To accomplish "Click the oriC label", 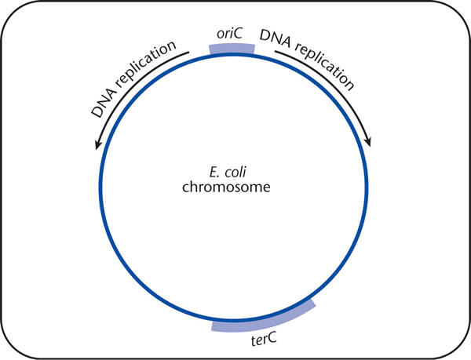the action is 229,35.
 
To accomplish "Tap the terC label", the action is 264,340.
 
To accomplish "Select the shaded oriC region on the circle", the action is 232,49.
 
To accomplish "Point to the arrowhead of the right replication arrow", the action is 368,142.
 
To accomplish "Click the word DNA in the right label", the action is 276,38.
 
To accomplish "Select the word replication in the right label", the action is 324,65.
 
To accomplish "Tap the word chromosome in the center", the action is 226,187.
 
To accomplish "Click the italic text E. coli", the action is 228,173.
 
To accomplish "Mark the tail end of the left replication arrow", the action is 188,53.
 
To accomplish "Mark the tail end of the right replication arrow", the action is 276,51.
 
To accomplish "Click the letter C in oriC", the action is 237,34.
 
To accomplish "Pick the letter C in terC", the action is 272,337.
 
